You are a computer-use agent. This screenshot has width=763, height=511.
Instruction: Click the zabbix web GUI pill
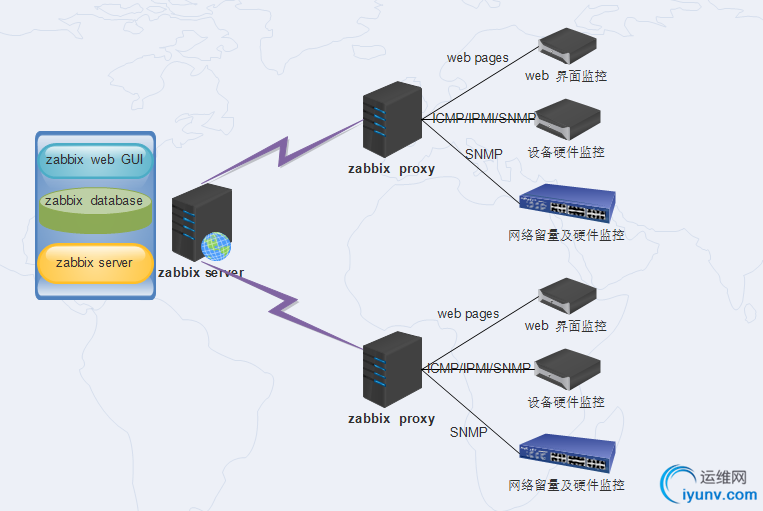[x=95, y=159]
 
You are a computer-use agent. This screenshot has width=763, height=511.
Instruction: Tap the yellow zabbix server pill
[x=95, y=263]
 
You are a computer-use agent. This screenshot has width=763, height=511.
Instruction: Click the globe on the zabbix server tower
[x=215, y=246]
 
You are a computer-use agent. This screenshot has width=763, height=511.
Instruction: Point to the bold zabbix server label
[x=201, y=272]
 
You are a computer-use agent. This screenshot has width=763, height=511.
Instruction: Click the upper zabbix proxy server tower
[x=391, y=119]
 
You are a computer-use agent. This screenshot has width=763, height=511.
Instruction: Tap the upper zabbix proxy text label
[x=391, y=169]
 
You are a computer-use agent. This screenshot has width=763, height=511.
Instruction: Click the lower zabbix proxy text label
[x=391, y=419]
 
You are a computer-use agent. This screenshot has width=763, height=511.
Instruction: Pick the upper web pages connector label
[x=477, y=58]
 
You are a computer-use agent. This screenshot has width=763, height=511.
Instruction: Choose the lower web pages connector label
[x=467, y=314]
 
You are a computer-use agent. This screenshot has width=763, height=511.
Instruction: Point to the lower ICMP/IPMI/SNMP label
[x=479, y=368]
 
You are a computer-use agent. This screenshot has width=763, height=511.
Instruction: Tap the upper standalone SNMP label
[x=483, y=154]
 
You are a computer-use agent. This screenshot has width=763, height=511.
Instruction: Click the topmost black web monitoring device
[x=567, y=44]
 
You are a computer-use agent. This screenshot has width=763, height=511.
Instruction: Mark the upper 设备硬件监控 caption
[x=566, y=152]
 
